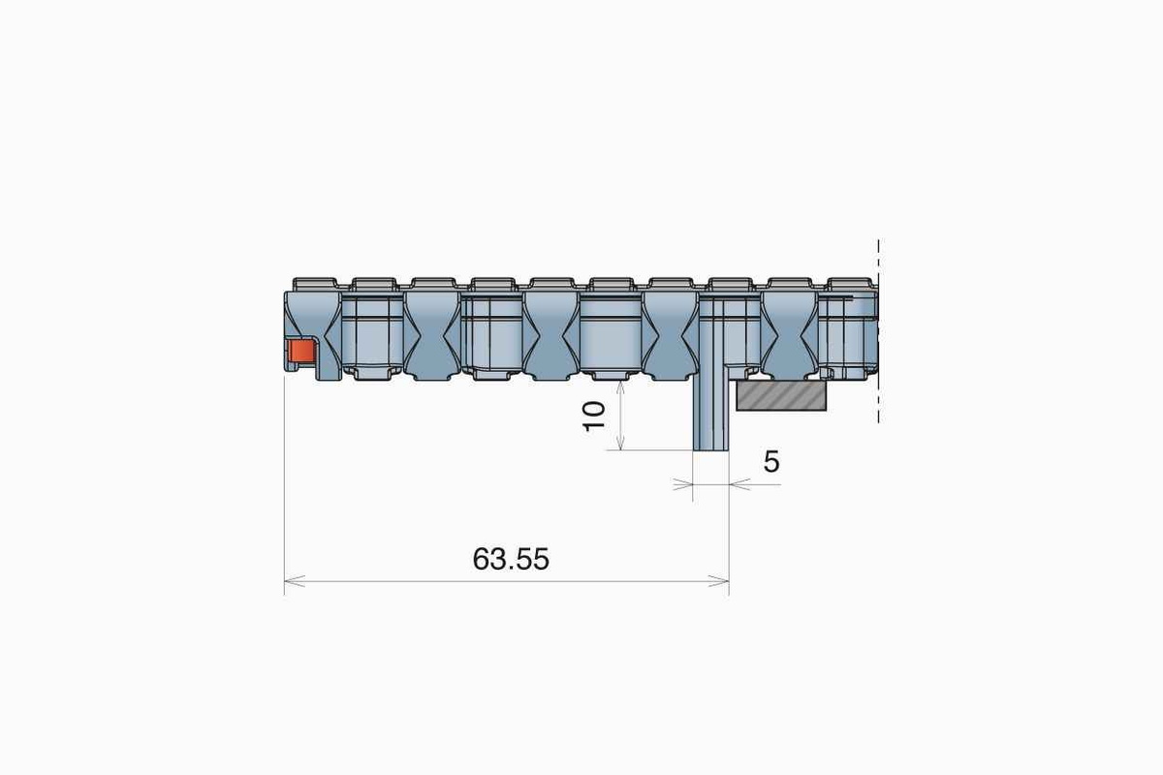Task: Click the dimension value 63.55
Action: [x=511, y=559]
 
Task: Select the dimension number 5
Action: [x=770, y=462]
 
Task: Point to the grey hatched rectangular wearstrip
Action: [x=782, y=395]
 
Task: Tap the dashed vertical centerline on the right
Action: [x=878, y=329]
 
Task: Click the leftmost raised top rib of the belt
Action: [x=313, y=283]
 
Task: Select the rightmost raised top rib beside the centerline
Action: [x=848, y=284]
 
